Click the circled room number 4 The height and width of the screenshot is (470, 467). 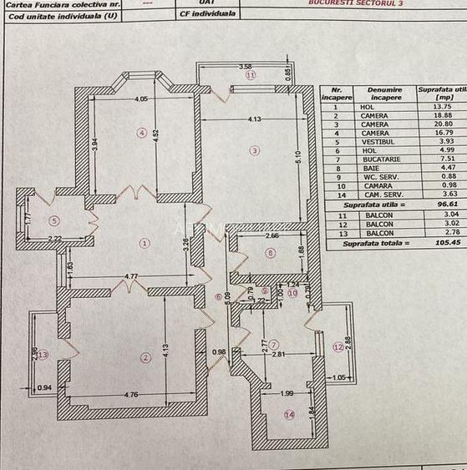143,132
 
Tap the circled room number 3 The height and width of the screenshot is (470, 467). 255,150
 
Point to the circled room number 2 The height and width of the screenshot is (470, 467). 145,358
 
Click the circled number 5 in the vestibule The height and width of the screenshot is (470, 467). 53,221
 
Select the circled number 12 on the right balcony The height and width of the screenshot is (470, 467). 338,346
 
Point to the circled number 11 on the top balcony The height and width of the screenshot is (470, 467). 249,75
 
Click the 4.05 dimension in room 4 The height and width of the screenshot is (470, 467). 141,99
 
